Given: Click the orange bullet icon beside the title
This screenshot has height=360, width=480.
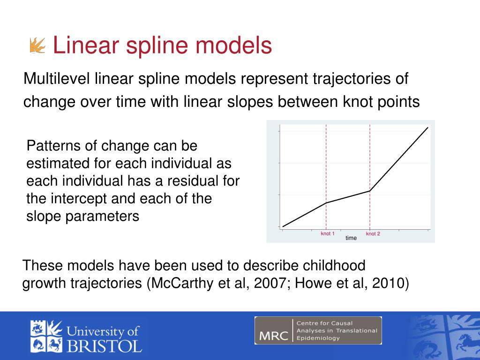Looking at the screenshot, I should (x=37, y=46).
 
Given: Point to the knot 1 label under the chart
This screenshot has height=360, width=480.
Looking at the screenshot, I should (x=327, y=233).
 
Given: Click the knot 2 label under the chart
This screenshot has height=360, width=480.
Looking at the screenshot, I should (x=373, y=233).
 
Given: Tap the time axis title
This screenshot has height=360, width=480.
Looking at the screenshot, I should (x=351, y=238).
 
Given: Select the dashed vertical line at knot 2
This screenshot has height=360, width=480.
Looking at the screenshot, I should (x=370, y=155).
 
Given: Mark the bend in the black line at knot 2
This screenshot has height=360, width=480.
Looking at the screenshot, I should (x=370, y=191).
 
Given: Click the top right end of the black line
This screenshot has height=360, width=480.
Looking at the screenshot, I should (x=427, y=127).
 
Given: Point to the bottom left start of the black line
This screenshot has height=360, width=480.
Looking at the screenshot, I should (x=283, y=227).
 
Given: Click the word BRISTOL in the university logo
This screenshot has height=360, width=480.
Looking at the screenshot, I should (x=104, y=346).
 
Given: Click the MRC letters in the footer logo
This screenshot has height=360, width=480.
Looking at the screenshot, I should (x=273, y=336).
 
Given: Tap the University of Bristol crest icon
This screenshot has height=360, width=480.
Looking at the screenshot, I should (x=46, y=336).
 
